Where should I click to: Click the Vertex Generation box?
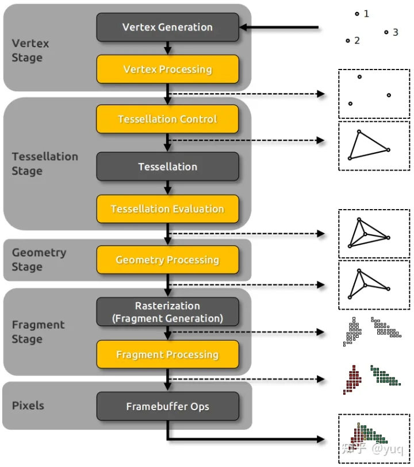click(167, 27)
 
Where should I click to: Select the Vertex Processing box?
click(167, 70)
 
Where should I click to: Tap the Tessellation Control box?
click(167, 119)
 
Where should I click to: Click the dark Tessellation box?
click(167, 167)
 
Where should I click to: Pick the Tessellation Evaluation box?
click(167, 209)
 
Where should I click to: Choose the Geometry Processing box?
click(167, 260)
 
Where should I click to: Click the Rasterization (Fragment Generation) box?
click(167, 312)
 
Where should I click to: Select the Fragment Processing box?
click(167, 354)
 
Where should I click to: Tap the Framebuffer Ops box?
click(167, 407)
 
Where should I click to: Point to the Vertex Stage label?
click(30, 51)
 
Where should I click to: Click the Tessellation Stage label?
click(45, 164)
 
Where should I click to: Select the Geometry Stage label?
click(39, 260)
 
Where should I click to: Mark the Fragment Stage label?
click(38, 332)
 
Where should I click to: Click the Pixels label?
click(28, 406)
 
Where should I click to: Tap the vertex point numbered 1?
click(356, 13)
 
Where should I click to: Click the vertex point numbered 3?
click(386, 32)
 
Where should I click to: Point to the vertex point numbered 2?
click(348, 41)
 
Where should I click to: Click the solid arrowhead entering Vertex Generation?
click(244, 27)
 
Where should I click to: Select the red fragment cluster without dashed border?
click(352, 380)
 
